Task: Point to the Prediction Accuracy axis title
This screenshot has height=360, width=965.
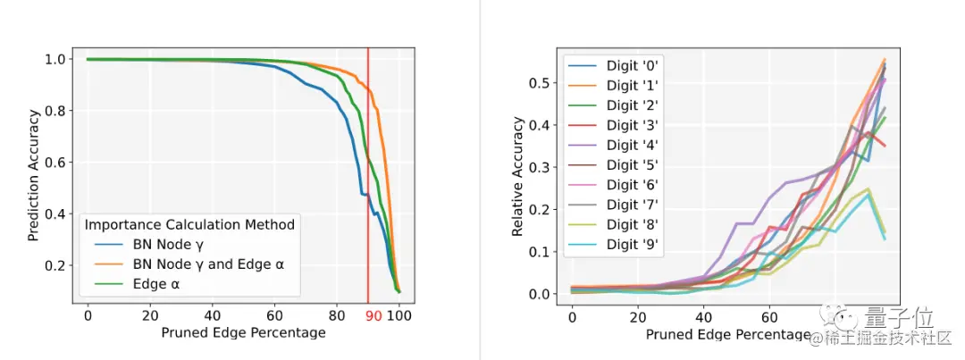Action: (32, 175)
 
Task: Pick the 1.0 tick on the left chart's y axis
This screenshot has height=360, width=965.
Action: (54, 60)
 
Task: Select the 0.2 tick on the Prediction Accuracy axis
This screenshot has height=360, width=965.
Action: (54, 266)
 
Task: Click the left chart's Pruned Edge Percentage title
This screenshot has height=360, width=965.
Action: (243, 333)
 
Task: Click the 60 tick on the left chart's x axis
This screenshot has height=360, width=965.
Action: (274, 315)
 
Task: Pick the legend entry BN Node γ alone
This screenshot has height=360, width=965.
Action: (168, 244)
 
